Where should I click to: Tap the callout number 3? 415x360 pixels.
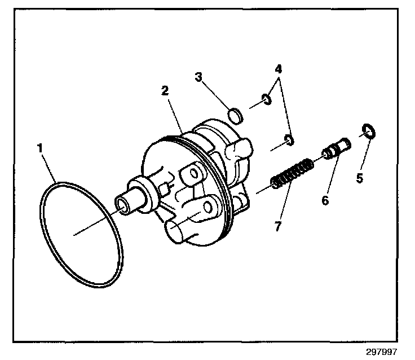pyautogui.click(x=198, y=77)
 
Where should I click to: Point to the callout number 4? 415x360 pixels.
pyautogui.click(x=279, y=70)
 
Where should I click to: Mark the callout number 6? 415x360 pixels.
pyautogui.click(x=325, y=200)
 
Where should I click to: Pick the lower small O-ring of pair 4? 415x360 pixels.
pyautogui.click(x=289, y=139)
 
